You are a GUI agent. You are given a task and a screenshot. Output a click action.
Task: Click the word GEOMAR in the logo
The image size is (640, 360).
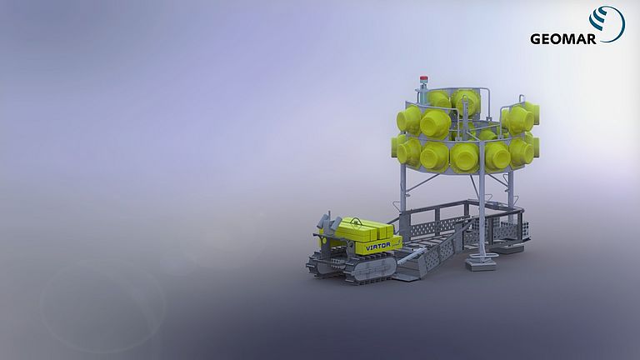click(x=562, y=39)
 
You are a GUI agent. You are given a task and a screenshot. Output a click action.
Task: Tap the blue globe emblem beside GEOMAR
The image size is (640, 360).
click(x=607, y=22)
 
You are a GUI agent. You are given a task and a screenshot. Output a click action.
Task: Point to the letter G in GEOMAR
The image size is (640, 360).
click(x=536, y=39)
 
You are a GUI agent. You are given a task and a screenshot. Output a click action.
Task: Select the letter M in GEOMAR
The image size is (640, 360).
click(x=569, y=39)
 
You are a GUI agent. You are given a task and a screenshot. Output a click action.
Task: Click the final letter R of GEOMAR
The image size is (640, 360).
click(x=592, y=39)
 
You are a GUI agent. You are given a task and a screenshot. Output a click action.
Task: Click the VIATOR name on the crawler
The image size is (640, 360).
click(x=378, y=246)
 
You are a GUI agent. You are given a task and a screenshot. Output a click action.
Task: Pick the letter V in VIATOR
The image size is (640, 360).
click(x=368, y=247)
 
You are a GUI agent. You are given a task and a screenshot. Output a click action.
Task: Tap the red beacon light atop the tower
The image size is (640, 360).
click(x=424, y=79)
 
